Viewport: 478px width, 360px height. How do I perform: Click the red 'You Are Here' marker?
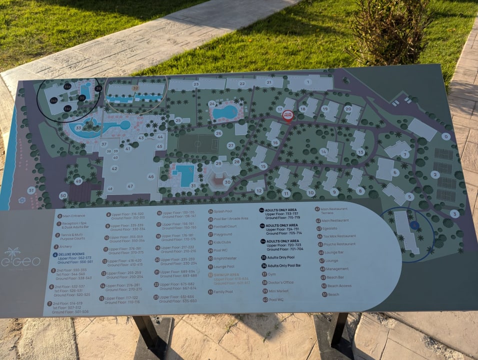point(287,115)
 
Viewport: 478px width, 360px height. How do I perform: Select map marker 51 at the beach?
point(31,190)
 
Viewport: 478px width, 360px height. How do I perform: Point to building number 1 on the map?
point(308,82)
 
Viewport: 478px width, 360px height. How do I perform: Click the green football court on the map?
point(197,144)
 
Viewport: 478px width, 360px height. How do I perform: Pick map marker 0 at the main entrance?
point(445,136)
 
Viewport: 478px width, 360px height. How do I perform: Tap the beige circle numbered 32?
point(135,88)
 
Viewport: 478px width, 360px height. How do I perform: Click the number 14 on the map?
point(323,151)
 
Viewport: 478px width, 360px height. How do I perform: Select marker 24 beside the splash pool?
point(212,104)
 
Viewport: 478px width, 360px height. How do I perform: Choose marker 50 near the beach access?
point(63,195)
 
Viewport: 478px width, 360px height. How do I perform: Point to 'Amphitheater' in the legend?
point(225,258)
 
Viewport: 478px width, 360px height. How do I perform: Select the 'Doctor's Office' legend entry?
point(281,282)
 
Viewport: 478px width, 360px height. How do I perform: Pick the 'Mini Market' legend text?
point(279,291)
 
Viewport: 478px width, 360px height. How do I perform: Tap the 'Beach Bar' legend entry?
point(335,277)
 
